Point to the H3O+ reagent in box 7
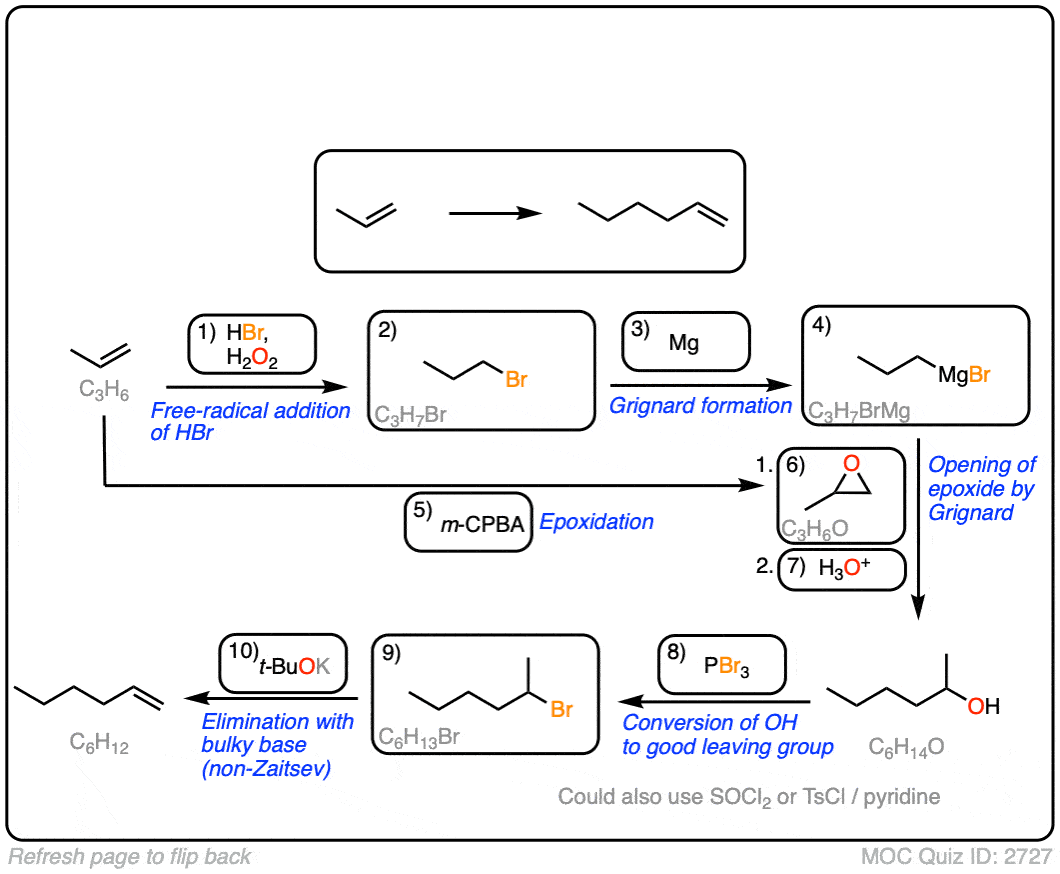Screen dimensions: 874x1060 [845, 569]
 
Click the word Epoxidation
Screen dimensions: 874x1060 [597, 521]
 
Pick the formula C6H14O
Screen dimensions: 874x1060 [907, 747]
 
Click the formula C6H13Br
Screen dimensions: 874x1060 [420, 738]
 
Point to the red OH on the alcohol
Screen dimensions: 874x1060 [982, 707]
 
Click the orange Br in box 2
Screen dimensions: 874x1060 [517, 379]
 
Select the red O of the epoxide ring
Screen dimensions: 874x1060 [851, 463]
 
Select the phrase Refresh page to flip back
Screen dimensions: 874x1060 [130, 857]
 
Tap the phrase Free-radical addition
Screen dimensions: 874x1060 [250, 410]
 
